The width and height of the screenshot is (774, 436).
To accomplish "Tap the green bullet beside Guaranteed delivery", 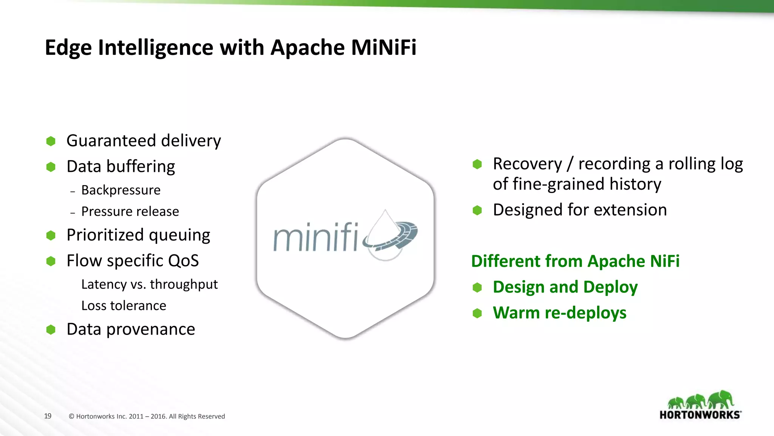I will [51, 141].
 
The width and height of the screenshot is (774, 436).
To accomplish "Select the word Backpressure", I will [121, 190].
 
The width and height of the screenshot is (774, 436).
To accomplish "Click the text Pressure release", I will [130, 211].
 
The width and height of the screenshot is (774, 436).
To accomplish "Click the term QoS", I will [183, 261].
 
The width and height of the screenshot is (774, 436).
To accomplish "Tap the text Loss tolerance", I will [124, 305].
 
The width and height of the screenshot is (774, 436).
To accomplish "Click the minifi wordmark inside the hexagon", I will [316, 238].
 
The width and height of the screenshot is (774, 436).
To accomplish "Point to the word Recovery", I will [527, 164].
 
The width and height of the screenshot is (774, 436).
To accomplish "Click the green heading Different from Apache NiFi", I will [575, 261].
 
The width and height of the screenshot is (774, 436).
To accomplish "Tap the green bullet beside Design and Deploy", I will [477, 288].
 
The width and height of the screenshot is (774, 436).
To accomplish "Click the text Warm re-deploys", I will [559, 313].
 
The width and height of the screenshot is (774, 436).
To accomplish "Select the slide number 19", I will [48, 416].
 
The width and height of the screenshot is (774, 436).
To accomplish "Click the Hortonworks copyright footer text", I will [147, 416].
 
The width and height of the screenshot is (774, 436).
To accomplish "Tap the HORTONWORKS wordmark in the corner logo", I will [700, 415].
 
